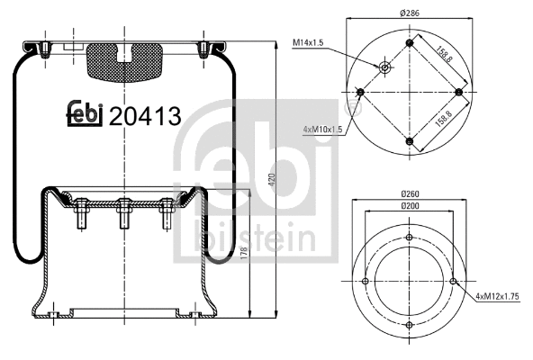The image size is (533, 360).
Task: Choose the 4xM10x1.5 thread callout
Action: pyautogui.click(x=322, y=130)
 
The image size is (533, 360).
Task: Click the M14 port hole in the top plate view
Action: pyautogui.click(x=385, y=67)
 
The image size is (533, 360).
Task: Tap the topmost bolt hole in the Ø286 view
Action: pyautogui.click(x=411, y=42)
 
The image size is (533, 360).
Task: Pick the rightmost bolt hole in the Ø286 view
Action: pyautogui.click(x=460, y=92)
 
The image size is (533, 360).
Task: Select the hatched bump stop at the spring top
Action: pyautogui.click(x=125, y=58)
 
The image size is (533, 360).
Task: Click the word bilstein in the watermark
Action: pyautogui.click(x=253, y=239)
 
